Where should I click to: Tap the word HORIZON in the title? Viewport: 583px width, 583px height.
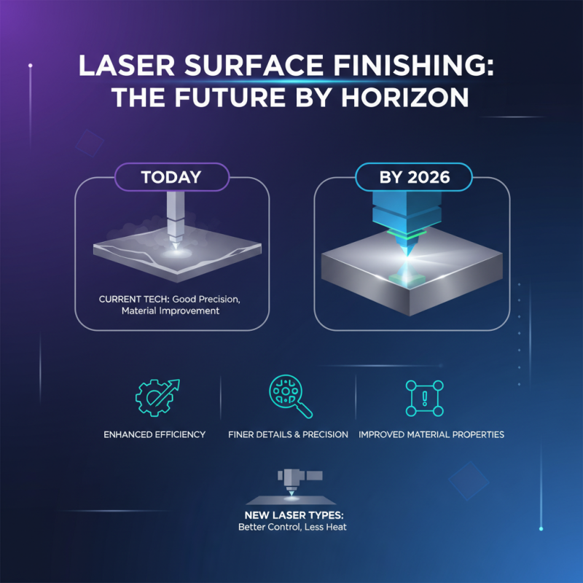(419, 97)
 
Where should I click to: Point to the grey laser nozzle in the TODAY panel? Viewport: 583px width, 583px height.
(174, 219)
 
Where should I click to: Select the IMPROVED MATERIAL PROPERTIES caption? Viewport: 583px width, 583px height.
(431, 434)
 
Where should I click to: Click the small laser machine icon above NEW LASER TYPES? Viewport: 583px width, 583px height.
(292, 485)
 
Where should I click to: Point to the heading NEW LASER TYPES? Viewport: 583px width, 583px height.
(291, 515)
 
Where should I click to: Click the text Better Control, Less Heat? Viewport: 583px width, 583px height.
(291, 527)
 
